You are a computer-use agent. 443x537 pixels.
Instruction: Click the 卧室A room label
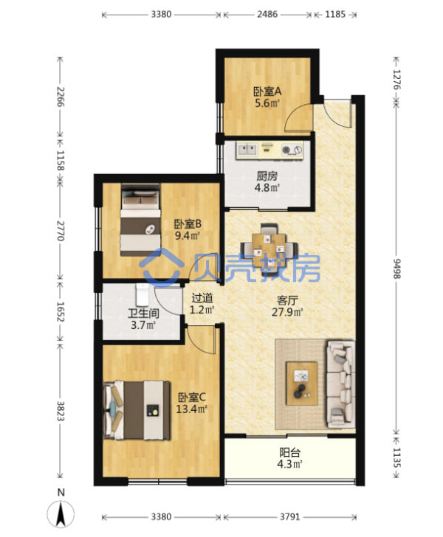tap(267, 91)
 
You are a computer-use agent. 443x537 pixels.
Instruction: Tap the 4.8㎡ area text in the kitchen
tap(267, 187)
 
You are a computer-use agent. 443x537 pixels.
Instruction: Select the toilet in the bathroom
tap(142, 294)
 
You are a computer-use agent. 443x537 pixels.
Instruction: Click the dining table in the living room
tap(269, 245)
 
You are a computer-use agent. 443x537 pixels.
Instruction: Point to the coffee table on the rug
tap(302, 384)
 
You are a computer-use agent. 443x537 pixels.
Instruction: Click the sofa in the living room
tap(340, 384)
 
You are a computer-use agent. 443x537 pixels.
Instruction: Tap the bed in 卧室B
tap(140, 221)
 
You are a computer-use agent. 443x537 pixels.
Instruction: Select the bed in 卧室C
tap(137, 410)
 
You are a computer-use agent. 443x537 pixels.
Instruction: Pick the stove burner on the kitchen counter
tap(292, 150)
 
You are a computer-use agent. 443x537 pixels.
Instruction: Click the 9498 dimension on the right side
tap(396, 268)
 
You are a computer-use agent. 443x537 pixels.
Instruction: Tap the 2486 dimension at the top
tap(267, 15)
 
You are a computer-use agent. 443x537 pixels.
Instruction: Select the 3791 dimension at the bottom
tap(290, 516)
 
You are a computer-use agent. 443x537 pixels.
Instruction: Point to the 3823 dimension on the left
tap(61, 411)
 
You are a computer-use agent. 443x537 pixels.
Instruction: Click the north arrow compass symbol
tap(61, 513)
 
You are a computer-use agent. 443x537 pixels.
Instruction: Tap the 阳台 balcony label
tap(289, 453)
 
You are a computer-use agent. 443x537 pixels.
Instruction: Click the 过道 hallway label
tap(202, 298)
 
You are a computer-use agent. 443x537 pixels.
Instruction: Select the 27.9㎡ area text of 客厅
tap(287, 312)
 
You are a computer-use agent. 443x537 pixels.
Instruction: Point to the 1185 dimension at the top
tap(335, 15)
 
